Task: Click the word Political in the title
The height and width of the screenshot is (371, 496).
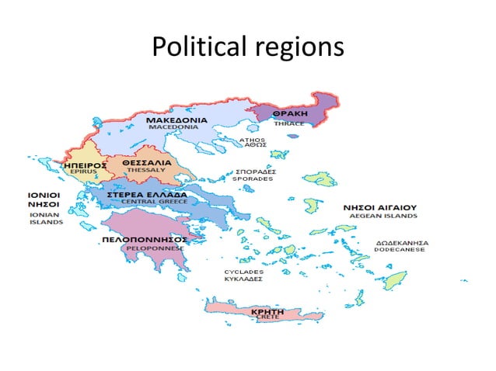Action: pyautogui.click(x=197, y=47)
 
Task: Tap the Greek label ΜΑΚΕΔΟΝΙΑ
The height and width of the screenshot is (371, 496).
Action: pyautogui.click(x=176, y=120)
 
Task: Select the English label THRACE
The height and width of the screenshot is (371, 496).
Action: pyautogui.click(x=289, y=123)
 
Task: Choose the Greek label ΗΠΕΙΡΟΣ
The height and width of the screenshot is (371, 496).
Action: pyautogui.click(x=81, y=165)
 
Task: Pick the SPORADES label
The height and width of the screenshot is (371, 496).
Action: pyautogui.click(x=253, y=179)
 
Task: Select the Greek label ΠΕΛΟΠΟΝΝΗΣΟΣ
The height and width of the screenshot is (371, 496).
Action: pyautogui.click(x=145, y=241)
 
